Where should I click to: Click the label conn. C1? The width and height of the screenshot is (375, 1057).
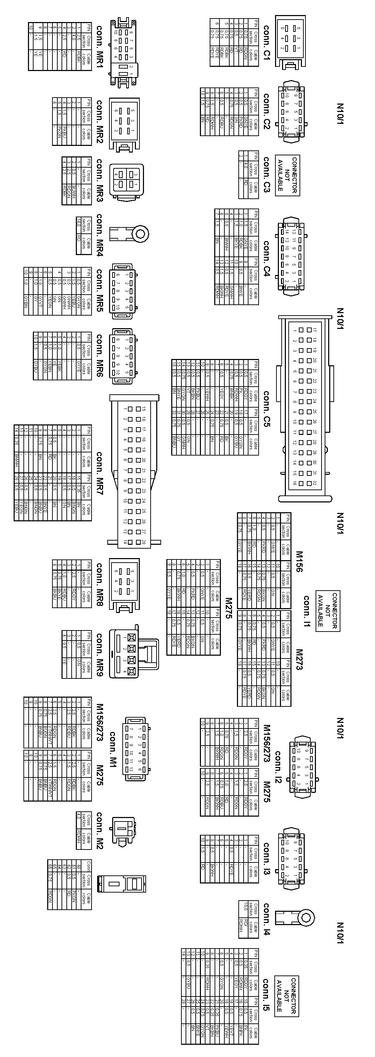click(x=266, y=43)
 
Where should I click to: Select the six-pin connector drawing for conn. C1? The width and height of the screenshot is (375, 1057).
click(x=290, y=41)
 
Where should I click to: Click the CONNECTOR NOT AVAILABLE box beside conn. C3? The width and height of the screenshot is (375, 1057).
click(x=287, y=175)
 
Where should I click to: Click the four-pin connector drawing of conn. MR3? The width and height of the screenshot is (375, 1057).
click(x=127, y=181)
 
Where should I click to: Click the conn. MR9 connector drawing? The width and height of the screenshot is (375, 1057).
click(x=133, y=653)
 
